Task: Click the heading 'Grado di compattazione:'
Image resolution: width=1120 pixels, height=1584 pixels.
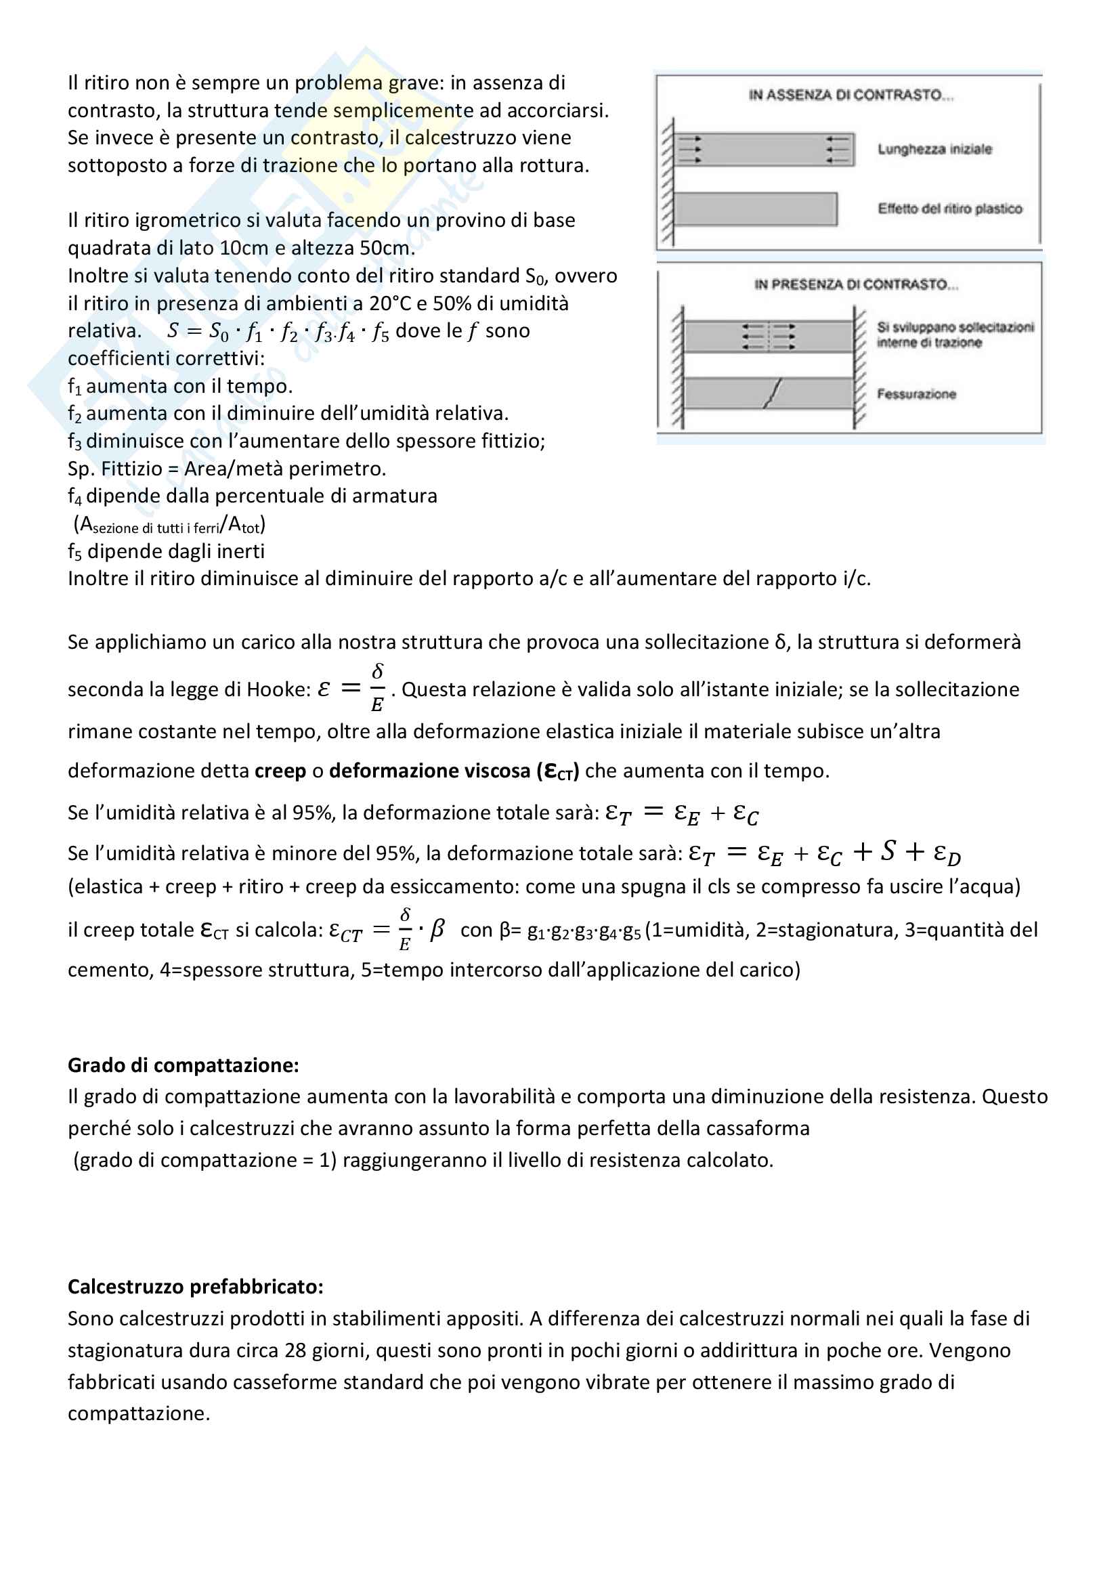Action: pos(183,1065)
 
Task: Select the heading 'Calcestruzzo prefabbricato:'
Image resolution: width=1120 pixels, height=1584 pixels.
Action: pos(195,1287)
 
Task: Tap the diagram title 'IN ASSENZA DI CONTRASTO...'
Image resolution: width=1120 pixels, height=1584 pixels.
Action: pos(850,95)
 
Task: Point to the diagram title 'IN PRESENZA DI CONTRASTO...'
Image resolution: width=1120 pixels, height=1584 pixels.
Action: pos(856,284)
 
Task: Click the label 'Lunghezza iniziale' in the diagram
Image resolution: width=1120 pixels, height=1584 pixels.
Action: pos(934,149)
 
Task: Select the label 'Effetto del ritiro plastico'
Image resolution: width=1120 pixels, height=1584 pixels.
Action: pos(949,209)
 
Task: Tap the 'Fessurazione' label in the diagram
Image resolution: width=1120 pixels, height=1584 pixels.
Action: pos(916,394)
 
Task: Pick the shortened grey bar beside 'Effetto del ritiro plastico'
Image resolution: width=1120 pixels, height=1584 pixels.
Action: pos(755,209)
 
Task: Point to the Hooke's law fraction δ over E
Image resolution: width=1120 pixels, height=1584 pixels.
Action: pos(377,688)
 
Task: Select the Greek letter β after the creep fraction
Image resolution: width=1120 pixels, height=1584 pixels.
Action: pos(437,929)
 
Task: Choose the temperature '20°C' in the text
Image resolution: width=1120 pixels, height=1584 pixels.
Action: pos(389,303)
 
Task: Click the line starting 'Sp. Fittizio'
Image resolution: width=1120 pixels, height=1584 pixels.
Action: pos(226,469)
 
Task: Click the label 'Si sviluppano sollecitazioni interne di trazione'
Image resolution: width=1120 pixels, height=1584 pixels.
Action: pos(955,335)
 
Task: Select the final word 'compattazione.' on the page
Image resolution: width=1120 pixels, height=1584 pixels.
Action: pos(139,1413)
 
